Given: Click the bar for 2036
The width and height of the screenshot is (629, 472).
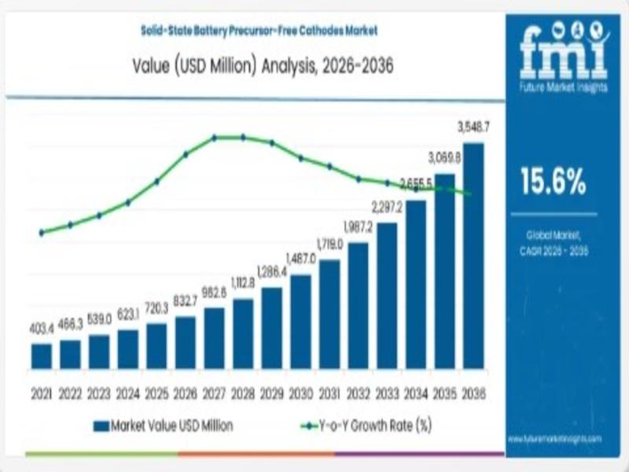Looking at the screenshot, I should pos(473,256).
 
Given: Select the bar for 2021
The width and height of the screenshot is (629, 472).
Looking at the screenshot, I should pos(42,356).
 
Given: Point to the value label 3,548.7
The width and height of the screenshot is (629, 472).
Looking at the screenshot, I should pos(474,126).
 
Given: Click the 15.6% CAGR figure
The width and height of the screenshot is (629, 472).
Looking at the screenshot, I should pos(553,183).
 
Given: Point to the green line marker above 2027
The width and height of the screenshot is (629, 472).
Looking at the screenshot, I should pos(214,138).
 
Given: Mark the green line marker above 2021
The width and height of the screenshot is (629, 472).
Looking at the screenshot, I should pos(42,232).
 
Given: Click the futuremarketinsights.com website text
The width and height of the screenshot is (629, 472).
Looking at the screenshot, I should pos(554,438).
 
